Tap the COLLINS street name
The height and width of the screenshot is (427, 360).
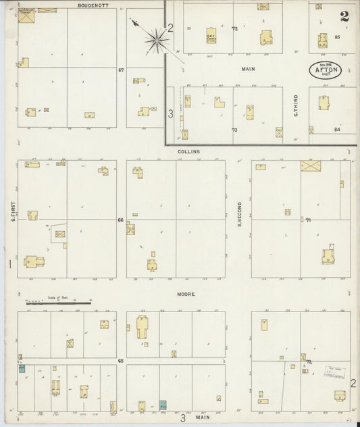[188, 152]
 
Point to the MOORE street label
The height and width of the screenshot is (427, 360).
[186, 295]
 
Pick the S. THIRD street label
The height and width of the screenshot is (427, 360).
[296, 105]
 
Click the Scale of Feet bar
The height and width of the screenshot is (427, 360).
[57, 303]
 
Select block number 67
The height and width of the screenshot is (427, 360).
[121, 70]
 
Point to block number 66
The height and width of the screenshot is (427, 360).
[121, 220]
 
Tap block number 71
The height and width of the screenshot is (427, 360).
[307, 220]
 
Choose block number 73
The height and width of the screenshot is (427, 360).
[234, 130]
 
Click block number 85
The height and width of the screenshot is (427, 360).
[337, 36]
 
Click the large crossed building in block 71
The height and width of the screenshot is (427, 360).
[311, 165]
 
